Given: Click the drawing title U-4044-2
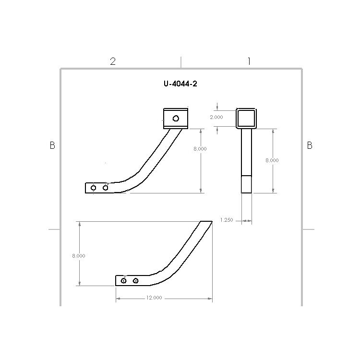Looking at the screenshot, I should tap(180, 84).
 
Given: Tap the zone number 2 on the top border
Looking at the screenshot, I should tap(113, 61).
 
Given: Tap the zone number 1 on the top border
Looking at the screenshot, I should tap(249, 61).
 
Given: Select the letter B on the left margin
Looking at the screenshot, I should tap(52, 145).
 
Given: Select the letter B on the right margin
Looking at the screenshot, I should tap(310, 145).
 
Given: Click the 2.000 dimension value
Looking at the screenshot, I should tap(216, 117).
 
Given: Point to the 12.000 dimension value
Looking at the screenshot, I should tap(154, 298).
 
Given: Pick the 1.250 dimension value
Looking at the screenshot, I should tap(226, 220).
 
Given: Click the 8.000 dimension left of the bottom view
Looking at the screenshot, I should tap(79, 256).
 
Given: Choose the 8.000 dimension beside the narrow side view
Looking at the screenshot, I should tap(272, 160).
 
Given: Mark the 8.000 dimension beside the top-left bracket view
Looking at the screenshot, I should tap(200, 149).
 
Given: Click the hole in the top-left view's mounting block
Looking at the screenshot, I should tap(176, 119).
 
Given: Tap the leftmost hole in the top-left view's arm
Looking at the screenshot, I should tap(94, 188).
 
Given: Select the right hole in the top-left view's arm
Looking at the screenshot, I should tap(106, 187).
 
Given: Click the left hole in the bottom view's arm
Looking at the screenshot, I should tap(124, 280).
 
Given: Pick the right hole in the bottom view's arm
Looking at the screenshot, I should tap(136, 280).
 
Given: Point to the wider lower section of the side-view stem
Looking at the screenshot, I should tap(246, 184).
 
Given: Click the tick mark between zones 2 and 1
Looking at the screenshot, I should tap(181, 61).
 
